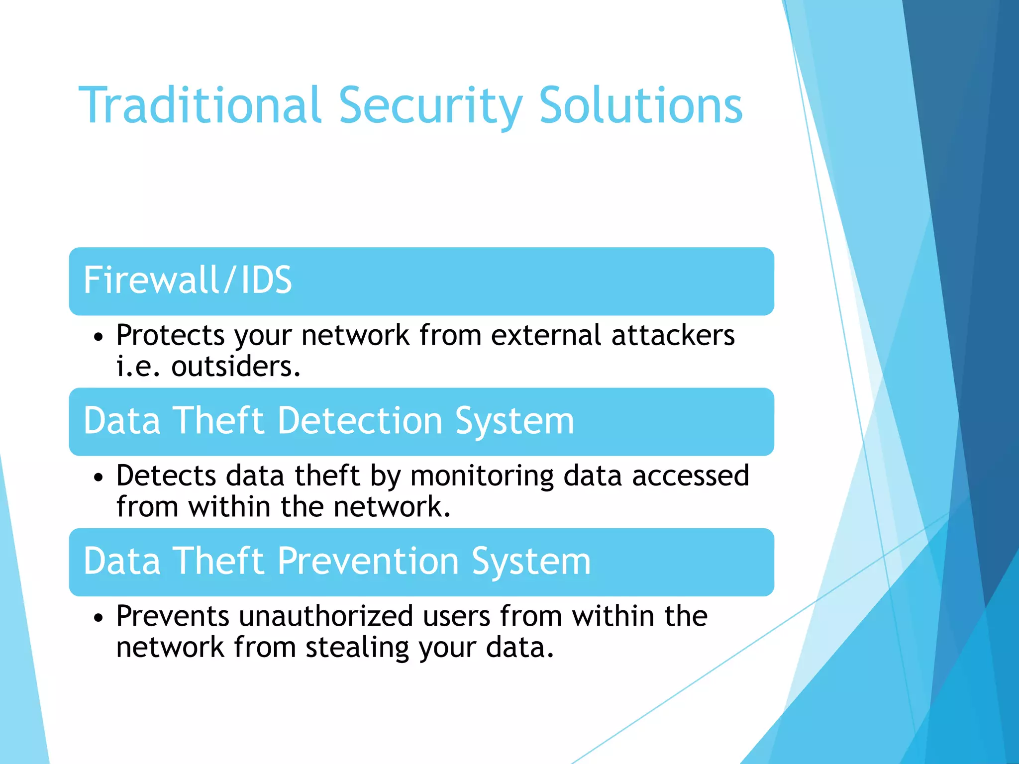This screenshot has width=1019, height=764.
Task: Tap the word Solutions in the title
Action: click(641, 105)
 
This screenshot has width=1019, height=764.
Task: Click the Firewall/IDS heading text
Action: click(188, 280)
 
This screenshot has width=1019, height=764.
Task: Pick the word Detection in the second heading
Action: click(360, 421)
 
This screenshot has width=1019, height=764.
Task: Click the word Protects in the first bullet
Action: click(170, 336)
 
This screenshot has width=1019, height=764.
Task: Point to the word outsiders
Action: click(236, 367)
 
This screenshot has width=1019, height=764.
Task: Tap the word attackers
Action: click(673, 335)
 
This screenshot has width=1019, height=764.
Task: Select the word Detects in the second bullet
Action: click(166, 476)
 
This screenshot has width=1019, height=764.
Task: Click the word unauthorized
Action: click(326, 616)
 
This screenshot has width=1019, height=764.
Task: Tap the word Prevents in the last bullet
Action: click(172, 616)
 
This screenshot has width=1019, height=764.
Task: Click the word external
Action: click(546, 335)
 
